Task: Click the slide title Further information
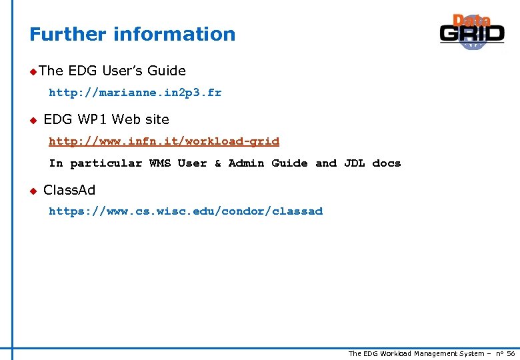click(132, 34)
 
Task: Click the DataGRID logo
click(472, 31)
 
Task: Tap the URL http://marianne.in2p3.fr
click(135, 93)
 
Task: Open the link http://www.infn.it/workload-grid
click(164, 141)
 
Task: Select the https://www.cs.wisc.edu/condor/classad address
click(185, 211)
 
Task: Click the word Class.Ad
click(69, 190)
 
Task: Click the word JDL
click(354, 163)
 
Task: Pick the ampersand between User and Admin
click(217, 163)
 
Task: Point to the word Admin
click(246, 163)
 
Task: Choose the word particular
click(106, 163)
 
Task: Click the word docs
click(387, 163)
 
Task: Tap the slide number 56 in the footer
click(511, 353)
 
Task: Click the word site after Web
click(157, 119)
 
